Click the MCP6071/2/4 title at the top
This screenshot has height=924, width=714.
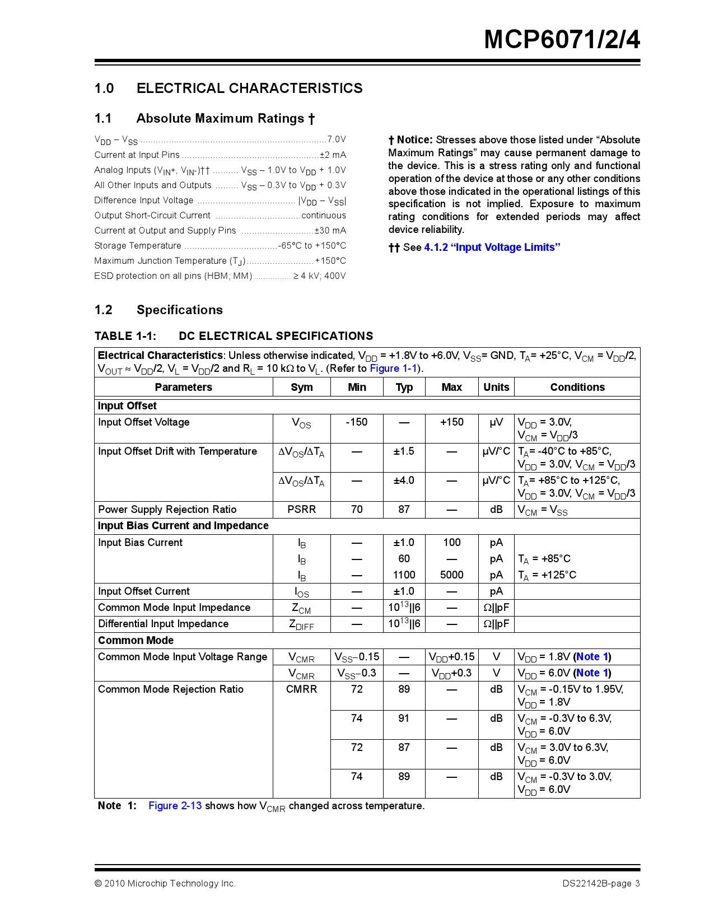(x=562, y=40)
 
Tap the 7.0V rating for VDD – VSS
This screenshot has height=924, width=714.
(x=337, y=139)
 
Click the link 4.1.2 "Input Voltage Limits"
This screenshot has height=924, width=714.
(x=492, y=248)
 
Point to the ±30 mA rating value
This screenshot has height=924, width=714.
(x=330, y=230)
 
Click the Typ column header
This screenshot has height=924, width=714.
(x=404, y=387)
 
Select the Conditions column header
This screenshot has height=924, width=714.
(x=577, y=387)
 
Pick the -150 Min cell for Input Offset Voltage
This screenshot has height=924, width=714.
(x=357, y=422)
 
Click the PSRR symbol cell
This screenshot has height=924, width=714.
(x=301, y=510)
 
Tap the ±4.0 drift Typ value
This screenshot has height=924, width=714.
(x=404, y=480)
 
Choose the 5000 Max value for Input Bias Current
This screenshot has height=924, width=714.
(x=451, y=575)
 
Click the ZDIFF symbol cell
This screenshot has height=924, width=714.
(x=301, y=624)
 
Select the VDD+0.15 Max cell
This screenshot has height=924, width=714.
(x=451, y=657)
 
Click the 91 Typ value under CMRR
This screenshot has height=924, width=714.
(x=404, y=718)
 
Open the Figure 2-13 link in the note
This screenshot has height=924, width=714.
(x=175, y=806)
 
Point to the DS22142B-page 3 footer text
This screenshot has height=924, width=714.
(x=600, y=884)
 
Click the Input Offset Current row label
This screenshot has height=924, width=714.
(x=144, y=591)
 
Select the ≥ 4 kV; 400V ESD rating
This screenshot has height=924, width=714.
(x=319, y=276)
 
